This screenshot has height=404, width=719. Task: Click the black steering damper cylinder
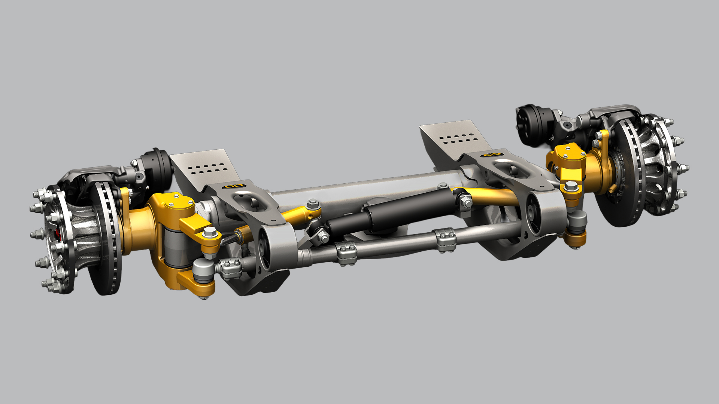(389, 213)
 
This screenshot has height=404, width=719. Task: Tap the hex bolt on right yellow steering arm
(570, 185)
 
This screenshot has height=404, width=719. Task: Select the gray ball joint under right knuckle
(577, 221)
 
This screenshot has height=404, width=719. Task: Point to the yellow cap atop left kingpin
(176, 202)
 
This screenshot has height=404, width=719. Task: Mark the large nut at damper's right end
(466, 202)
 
